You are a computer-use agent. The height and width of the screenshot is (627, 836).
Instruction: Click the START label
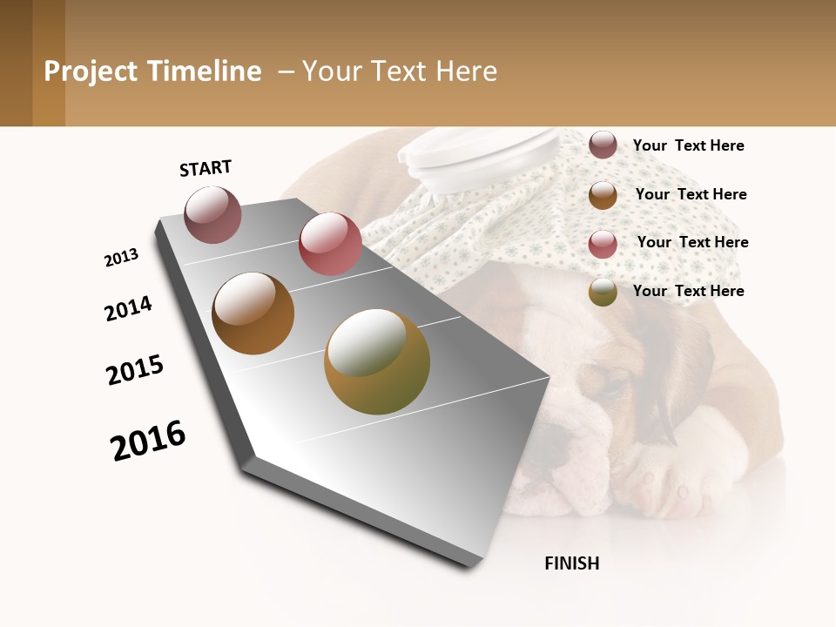pyautogui.click(x=206, y=168)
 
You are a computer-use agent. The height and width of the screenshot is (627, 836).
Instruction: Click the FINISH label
pyautogui.click(x=571, y=563)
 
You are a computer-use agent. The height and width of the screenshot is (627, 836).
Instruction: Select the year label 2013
pyautogui.click(x=121, y=258)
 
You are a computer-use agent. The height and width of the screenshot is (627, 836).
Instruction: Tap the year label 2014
pyautogui.click(x=128, y=308)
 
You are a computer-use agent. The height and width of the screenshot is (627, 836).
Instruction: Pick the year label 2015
pyautogui.click(x=135, y=370)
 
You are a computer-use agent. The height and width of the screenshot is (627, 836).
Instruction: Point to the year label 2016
pyautogui.click(x=148, y=440)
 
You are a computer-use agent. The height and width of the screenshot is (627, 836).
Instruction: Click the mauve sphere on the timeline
pyautogui.click(x=213, y=214)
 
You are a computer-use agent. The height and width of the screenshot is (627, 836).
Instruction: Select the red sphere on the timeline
pyautogui.click(x=330, y=244)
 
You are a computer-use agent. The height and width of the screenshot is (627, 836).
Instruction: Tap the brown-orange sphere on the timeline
pyautogui.click(x=253, y=313)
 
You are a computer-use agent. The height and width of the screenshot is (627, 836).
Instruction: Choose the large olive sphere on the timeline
pyautogui.click(x=376, y=361)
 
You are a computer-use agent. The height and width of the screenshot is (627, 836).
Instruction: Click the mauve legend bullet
pyautogui.click(x=603, y=145)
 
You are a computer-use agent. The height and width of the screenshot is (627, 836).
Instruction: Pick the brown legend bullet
pyautogui.click(x=603, y=194)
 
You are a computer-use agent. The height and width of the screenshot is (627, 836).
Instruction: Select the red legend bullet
pyautogui.click(x=603, y=243)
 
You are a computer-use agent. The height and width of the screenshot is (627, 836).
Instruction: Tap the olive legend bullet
pyautogui.click(x=603, y=292)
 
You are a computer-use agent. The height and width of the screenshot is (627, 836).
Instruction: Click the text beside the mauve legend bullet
pyautogui.click(x=688, y=145)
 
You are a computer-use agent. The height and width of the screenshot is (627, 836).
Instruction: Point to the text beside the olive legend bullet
pyautogui.click(x=688, y=291)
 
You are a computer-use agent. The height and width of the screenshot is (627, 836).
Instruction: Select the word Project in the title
pyautogui.click(x=91, y=71)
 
